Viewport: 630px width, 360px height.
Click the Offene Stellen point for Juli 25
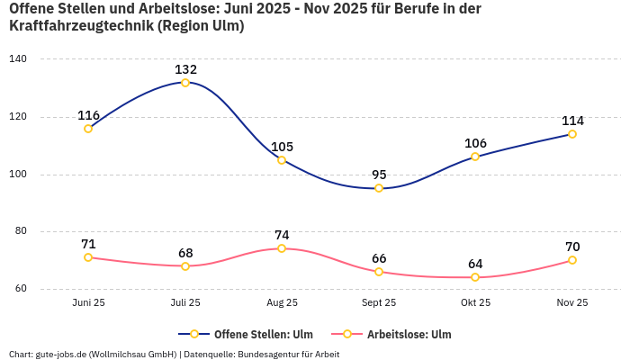(185, 83)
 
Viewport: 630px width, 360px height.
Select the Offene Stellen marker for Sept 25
(379, 188)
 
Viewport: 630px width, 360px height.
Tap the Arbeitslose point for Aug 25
(282, 248)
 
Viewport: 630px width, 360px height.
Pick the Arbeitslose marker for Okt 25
(475, 277)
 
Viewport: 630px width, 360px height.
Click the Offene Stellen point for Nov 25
(572, 134)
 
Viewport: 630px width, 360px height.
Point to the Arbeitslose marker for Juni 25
(88, 257)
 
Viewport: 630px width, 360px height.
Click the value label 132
(185, 69)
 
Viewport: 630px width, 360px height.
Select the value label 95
(379, 175)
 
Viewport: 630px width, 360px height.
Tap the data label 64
(475, 264)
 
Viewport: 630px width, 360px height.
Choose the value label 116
(88, 115)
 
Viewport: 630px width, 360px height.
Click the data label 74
(282, 235)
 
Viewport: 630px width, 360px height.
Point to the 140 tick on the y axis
(18, 59)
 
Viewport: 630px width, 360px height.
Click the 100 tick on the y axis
(18, 175)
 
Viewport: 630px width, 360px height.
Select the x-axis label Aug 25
(282, 302)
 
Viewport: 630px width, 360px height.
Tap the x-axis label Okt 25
(475, 302)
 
